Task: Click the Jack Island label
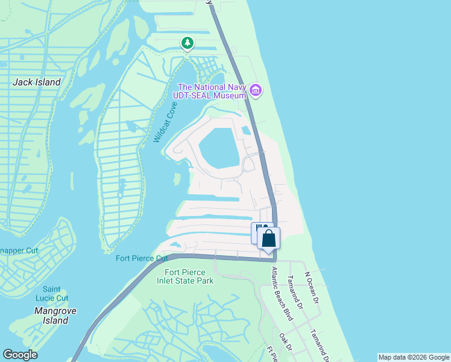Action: (37, 81)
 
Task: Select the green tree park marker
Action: (188, 43)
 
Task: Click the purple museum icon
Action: (256, 91)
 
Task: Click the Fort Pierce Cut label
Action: (142, 259)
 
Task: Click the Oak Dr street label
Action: (286, 343)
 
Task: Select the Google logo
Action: (20, 354)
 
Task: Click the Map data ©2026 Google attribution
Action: (414, 357)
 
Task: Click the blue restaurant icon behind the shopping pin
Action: (257, 230)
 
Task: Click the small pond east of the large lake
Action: (246, 130)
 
